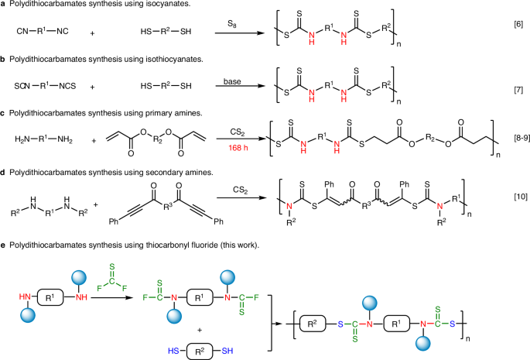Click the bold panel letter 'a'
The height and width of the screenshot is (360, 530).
click(x=5, y=6)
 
